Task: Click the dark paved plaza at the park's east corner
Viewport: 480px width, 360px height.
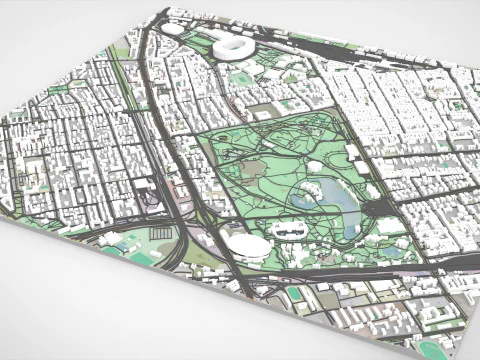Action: point(381,208)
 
